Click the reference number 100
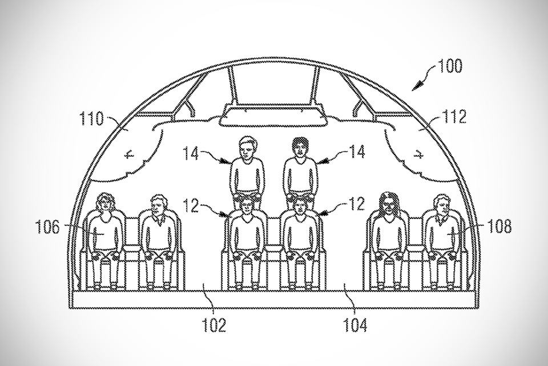point(450,66)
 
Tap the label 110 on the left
point(92,118)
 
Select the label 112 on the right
point(454,117)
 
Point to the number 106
point(47,227)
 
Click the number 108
point(499,226)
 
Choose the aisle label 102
point(214,325)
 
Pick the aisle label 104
point(355,325)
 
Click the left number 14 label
point(191,153)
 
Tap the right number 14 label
point(357,152)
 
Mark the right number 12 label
point(357,204)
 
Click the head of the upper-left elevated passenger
point(248,147)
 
